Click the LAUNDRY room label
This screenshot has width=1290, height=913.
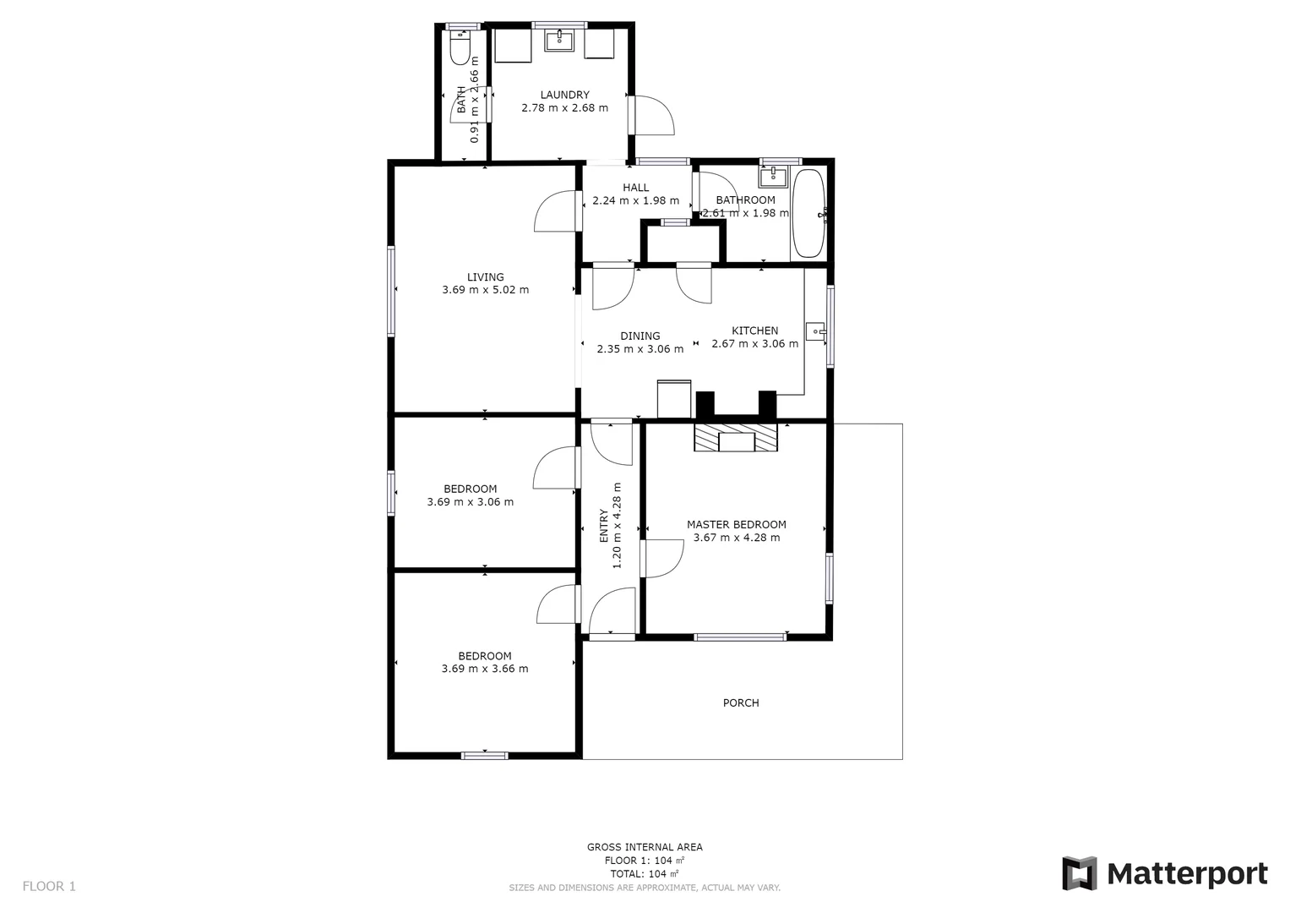point(564,95)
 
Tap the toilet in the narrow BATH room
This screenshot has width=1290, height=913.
point(460,48)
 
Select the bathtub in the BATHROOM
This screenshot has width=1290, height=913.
point(808,214)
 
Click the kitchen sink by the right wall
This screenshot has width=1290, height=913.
point(815,331)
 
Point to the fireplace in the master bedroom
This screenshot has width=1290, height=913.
point(736,439)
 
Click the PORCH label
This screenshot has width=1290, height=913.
point(741,703)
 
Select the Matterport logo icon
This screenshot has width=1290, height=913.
point(1079,873)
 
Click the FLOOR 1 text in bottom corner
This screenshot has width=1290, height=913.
point(49,886)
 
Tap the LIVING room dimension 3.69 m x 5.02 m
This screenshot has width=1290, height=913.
point(485,290)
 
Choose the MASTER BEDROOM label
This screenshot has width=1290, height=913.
point(736,524)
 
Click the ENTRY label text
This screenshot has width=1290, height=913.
point(604,525)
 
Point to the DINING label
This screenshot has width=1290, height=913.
point(640,336)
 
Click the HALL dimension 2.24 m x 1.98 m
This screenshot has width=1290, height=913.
point(635,201)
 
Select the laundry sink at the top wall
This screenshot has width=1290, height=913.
point(558,41)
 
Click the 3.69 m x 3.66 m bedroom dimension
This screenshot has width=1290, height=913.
point(485,669)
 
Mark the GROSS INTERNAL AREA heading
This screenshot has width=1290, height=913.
point(645,847)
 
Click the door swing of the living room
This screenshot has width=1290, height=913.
point(556,212)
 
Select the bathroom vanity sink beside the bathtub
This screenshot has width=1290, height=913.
point(773,176)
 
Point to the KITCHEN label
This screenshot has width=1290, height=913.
point(754,331)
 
